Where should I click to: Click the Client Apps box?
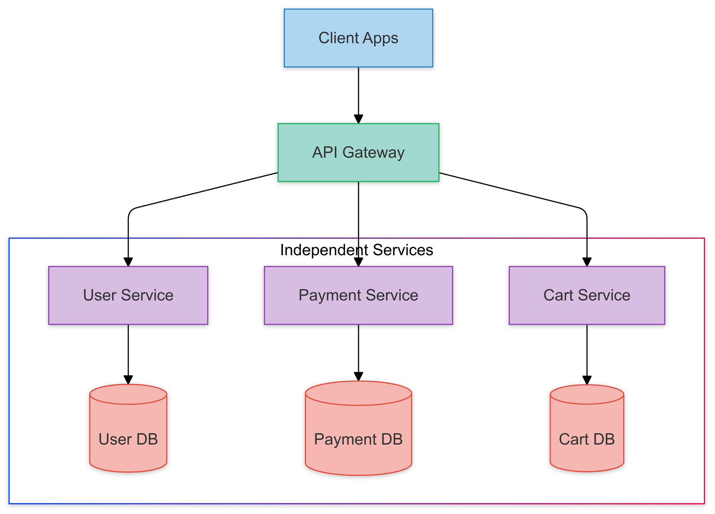pos(358,38)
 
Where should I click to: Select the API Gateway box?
pos(358,153)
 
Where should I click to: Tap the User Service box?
pos(128,295)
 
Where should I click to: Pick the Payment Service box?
pos(358,295)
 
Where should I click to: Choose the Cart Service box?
pos(587,295)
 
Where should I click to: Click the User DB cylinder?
pos(128,429)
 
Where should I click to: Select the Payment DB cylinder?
pos(358,429)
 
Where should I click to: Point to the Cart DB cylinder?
pos(587,429)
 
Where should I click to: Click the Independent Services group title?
pos(356,250)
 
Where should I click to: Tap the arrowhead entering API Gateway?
pos(358,119)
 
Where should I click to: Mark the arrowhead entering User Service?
pos(128,262)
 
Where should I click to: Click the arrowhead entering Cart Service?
pos(587,262)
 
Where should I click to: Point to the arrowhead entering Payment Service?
pos(358,262)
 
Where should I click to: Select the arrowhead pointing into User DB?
pos(128,380)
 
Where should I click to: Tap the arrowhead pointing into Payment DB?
pos(358,377)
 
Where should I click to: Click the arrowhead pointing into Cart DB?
pos(587,380)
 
